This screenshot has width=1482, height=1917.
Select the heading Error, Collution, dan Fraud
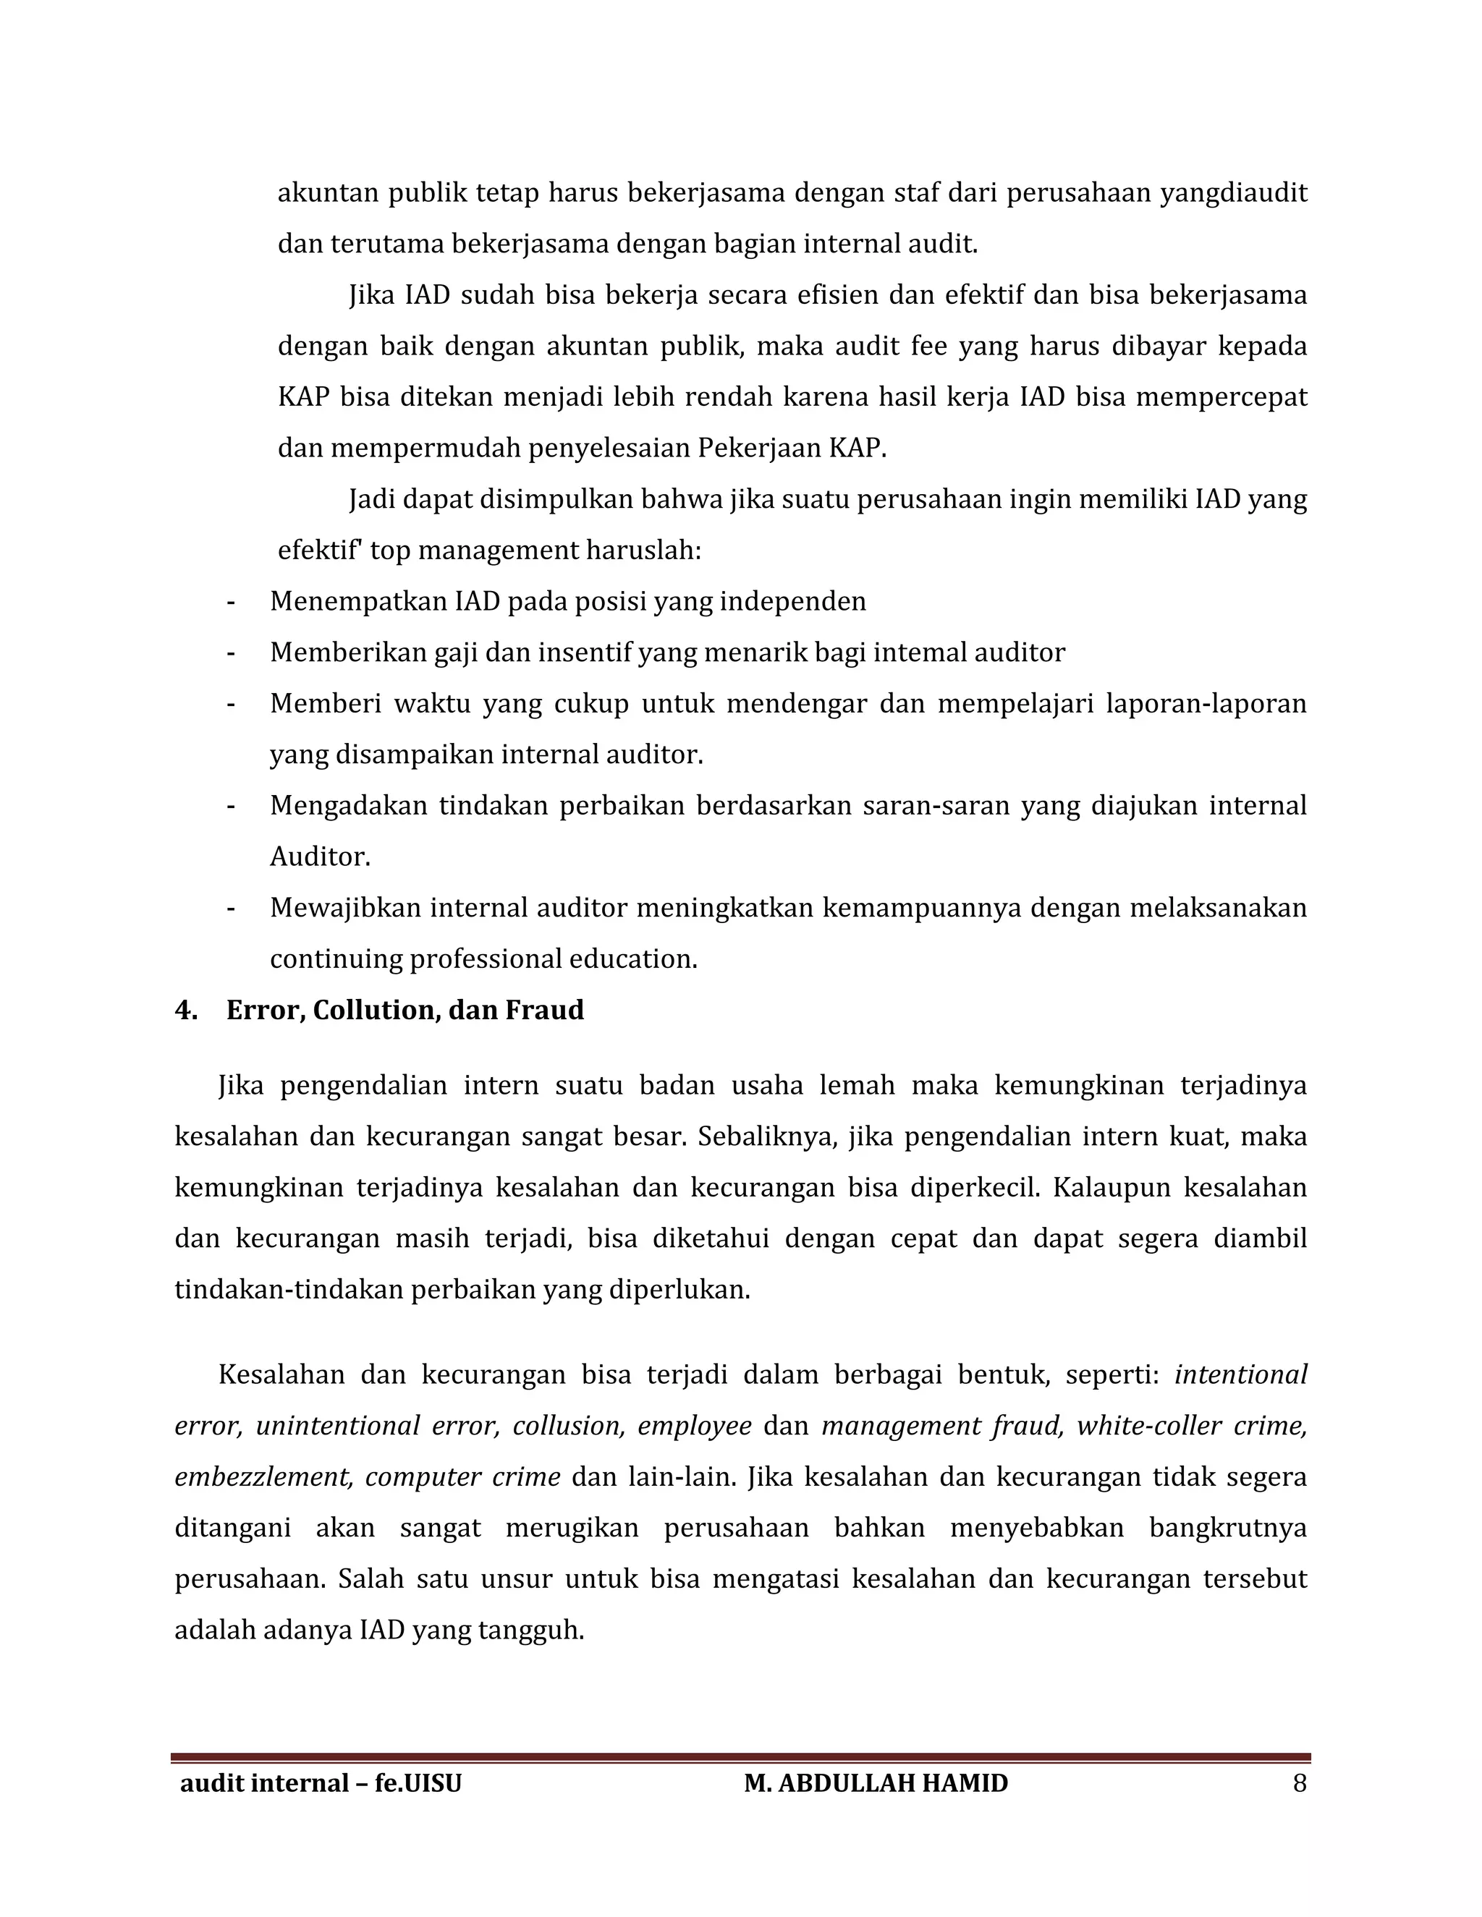[405, 1011]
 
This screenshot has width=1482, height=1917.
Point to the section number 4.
[185, 1011]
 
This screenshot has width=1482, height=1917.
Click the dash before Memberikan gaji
[231, 653]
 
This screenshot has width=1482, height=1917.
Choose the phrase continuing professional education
[483, 959]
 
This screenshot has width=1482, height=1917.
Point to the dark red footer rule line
[740, 1757]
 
